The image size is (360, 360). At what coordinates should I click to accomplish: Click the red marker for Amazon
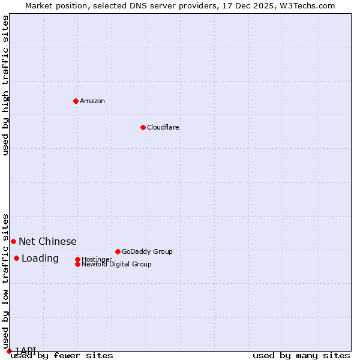[x=76, y=101]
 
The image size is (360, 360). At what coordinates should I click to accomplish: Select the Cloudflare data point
[x=143, y=127]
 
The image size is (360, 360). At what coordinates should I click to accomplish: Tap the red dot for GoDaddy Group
[x=118, y=251]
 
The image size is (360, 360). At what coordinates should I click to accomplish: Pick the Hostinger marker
[x=77, y=259]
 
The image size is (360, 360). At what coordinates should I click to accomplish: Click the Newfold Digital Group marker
[x=77, y=264]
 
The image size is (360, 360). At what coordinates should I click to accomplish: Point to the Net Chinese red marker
[x=13, y=241]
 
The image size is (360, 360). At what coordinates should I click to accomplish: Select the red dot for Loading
[x=16, y=258]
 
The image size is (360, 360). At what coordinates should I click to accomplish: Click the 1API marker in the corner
[x=9, y=351]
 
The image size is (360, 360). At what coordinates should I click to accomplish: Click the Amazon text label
[x=92, y=101]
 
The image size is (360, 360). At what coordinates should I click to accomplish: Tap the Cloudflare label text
[x=163, y=127]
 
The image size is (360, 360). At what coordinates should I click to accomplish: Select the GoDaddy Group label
[x=147, y=251]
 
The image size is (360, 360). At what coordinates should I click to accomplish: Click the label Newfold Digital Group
[x=116, y=264]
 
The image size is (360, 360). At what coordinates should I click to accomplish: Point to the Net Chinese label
[x=47, y=241]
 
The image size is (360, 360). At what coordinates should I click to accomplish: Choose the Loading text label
[x=40, y=259]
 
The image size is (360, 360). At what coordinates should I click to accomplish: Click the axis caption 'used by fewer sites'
[x=62, y=356]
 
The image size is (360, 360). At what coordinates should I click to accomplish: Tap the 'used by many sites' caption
[x=301, y=356]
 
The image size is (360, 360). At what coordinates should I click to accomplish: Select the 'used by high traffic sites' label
[x=5, y=85]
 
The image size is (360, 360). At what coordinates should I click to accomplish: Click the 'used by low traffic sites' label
[x=5, y=281]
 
